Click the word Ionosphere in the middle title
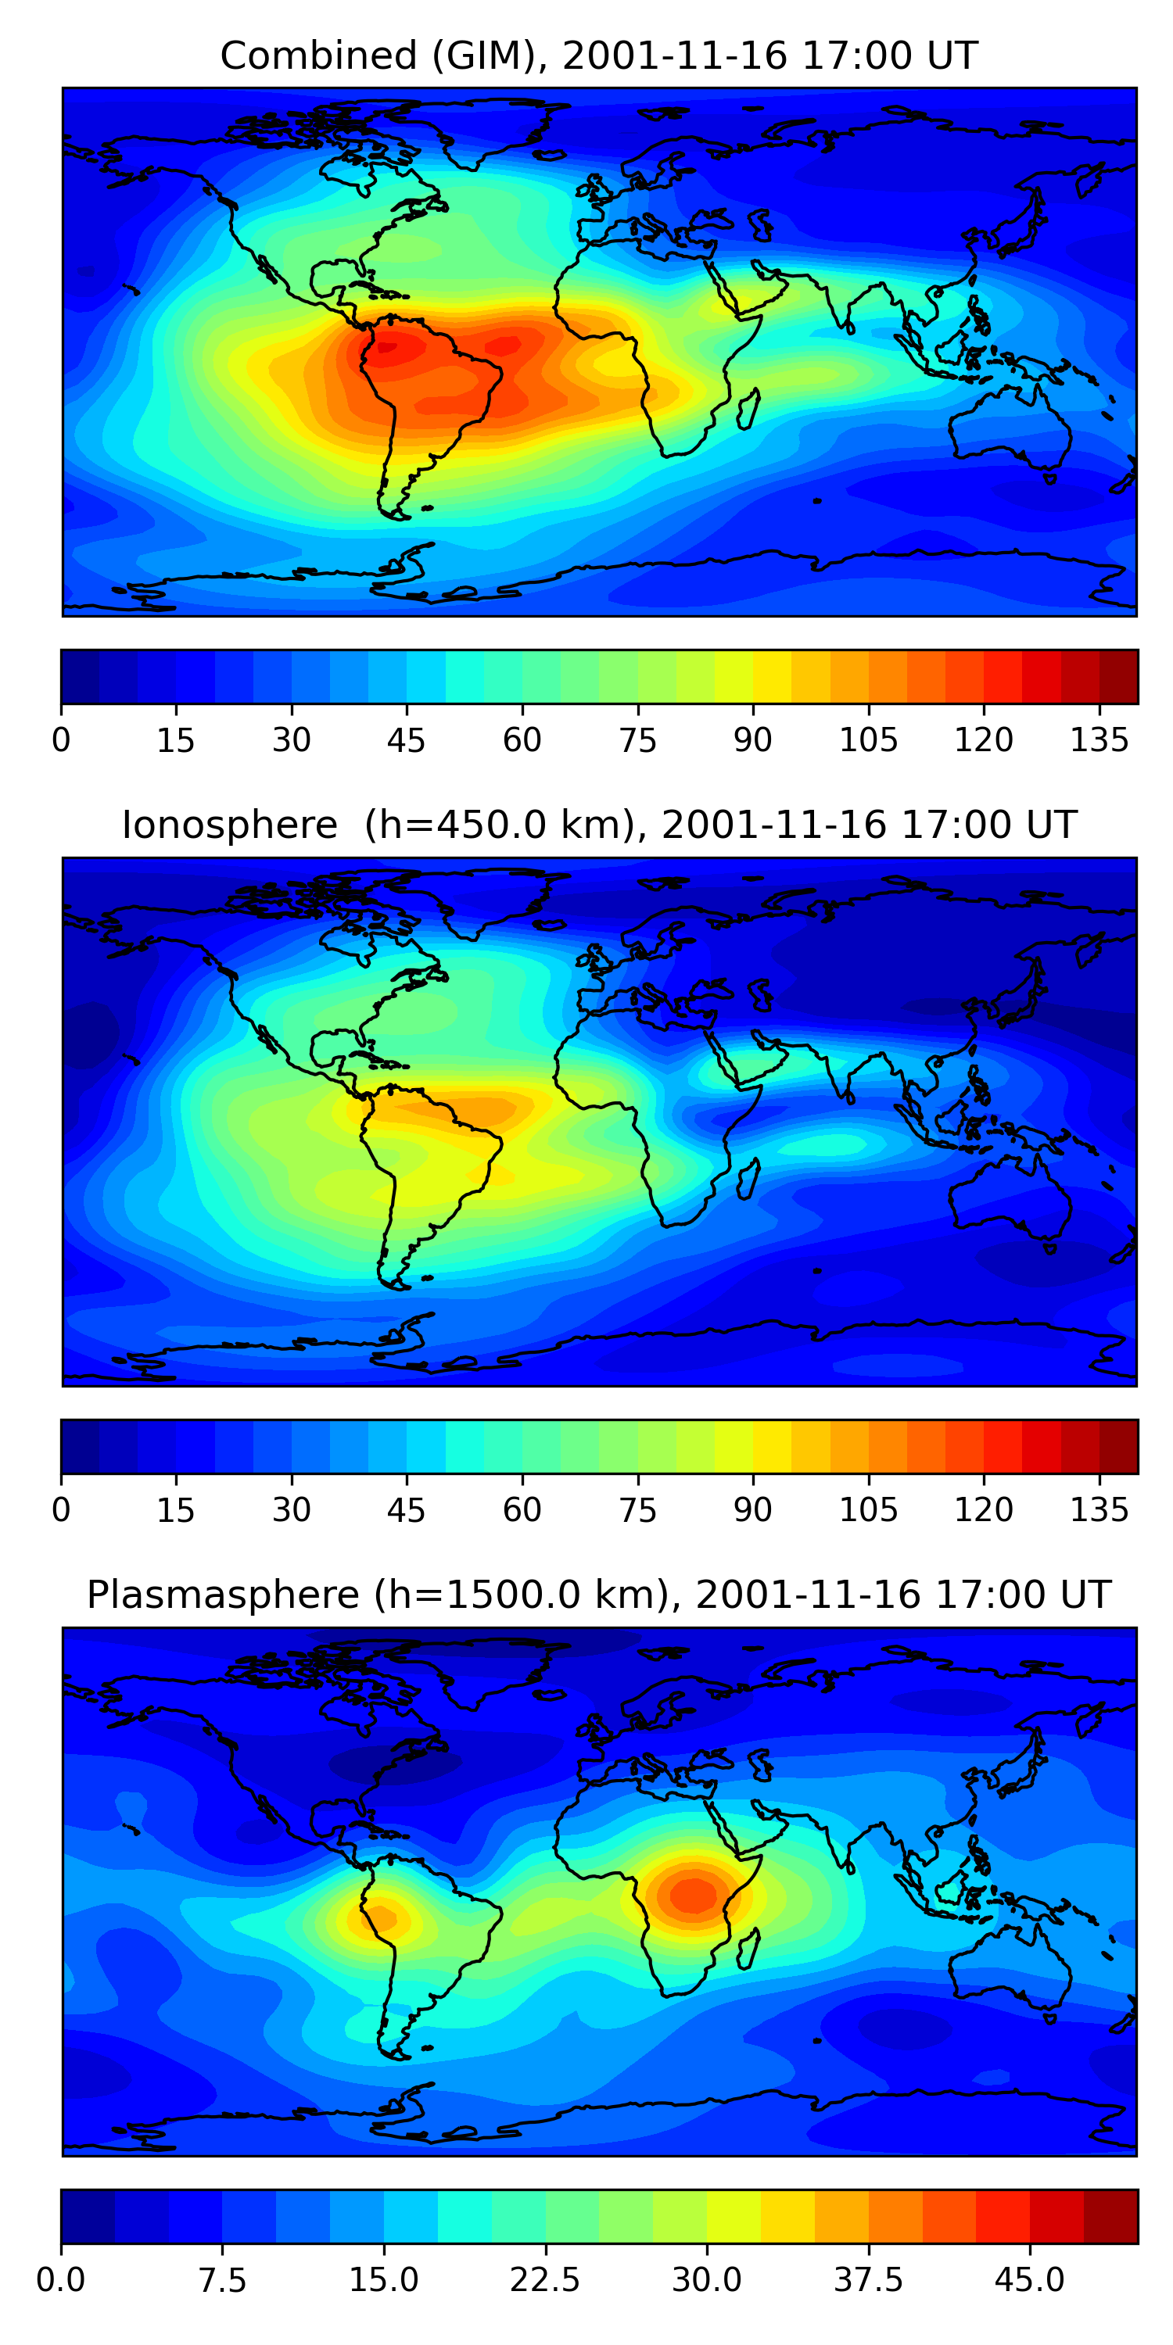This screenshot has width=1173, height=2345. click(229, 825)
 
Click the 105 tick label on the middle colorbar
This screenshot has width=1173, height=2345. click(868, 1510)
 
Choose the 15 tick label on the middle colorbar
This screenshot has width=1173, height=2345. click(176, 1510)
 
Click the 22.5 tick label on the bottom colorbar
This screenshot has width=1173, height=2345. click(544, 2280)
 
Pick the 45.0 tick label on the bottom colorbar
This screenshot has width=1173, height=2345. click(1029, 2280)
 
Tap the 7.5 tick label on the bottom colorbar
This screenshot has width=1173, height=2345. click(222, 2280)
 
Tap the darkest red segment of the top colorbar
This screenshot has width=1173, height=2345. click(1118, 676)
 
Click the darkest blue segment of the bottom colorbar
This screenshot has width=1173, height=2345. click(88, 2216)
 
